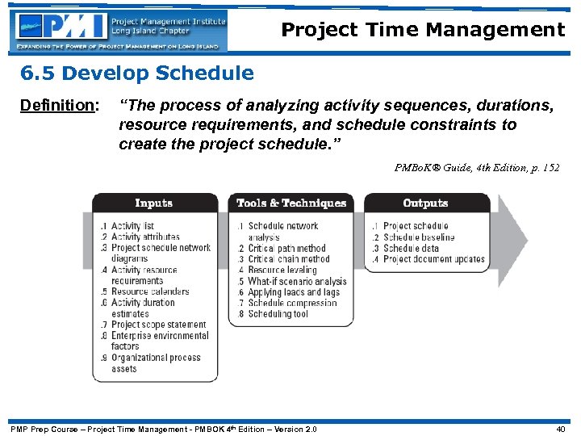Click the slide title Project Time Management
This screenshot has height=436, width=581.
point(423,31)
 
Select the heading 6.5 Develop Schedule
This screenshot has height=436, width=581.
point(137,74)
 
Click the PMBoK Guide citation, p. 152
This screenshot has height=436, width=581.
point(476,168)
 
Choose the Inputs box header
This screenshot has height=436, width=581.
point(154,203)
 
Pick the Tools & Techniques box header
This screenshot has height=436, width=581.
point(291,203)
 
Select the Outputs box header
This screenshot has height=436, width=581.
point(425,203)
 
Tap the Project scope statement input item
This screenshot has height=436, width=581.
point(158,325)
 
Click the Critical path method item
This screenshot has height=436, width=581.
point(286,249)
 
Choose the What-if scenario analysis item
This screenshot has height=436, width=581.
point(296,281)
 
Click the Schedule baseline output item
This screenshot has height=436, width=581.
point(418,237)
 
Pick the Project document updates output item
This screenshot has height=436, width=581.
point(433,259)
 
